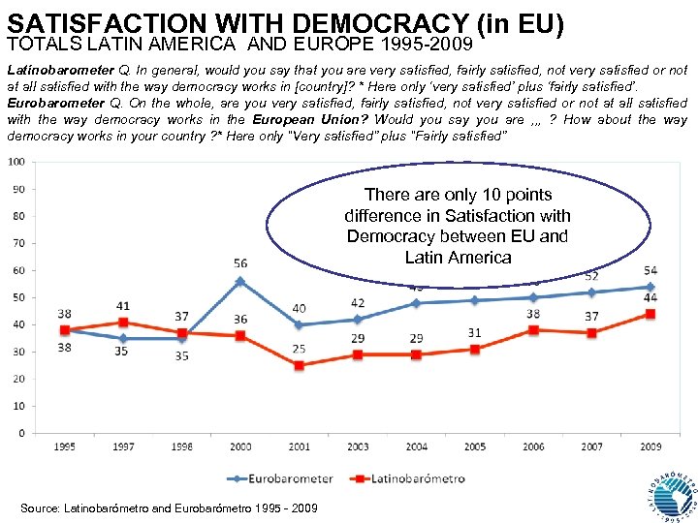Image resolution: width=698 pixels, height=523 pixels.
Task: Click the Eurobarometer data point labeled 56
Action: coord(240,281)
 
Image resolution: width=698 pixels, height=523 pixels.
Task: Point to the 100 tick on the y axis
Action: coord(17,162)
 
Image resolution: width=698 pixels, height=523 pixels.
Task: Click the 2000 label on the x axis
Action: coord(240,446)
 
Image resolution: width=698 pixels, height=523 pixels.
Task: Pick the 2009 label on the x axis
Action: coord(650,446)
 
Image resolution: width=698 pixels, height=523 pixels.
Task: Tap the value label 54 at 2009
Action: coord(650,270)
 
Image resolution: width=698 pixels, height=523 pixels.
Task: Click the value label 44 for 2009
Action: coord(650,298)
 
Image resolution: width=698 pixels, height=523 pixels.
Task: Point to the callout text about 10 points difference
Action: coord(457,226)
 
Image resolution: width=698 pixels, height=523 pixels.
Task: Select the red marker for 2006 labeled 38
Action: coord(533,329)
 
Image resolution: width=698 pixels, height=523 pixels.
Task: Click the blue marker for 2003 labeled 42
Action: coord(358,320)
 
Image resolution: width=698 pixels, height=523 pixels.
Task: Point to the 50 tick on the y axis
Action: coord(18,297)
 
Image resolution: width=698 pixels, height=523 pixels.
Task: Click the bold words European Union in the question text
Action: coord(309,120)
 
